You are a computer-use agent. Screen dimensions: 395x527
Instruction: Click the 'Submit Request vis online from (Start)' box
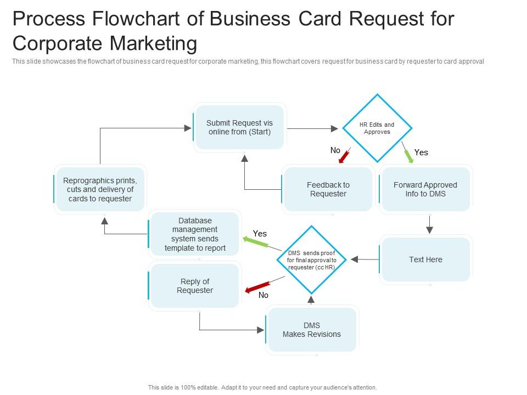pos(239,127)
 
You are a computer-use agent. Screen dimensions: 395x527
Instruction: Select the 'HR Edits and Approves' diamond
pos(377,128)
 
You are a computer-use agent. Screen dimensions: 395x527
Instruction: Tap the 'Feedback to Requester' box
pos(328,189)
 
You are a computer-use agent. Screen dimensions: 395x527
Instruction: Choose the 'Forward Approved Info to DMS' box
pos(425,189)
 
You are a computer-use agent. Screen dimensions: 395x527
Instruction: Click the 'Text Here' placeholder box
pos(425,259)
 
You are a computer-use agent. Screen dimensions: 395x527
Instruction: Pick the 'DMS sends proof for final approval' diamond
pos(311,260)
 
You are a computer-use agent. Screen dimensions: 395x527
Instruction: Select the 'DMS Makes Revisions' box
pos(311,330)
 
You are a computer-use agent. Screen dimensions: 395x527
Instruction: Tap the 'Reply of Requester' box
pos(194,286)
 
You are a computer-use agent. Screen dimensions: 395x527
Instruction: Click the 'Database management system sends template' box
pos(195,234)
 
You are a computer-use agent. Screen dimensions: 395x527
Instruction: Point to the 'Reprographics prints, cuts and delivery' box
pos(100,189)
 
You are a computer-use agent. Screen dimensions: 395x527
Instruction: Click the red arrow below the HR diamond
pos(345,156)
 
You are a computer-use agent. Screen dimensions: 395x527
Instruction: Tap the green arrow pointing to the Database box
pos(254,240)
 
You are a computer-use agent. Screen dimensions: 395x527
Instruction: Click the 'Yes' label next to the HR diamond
pos(421,153)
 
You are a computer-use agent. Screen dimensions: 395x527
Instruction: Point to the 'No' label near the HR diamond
pos(335,150)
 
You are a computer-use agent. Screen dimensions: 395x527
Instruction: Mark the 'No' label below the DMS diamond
pos(263,295)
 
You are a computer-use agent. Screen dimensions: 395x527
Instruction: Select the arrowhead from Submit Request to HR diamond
pos(334,128)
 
